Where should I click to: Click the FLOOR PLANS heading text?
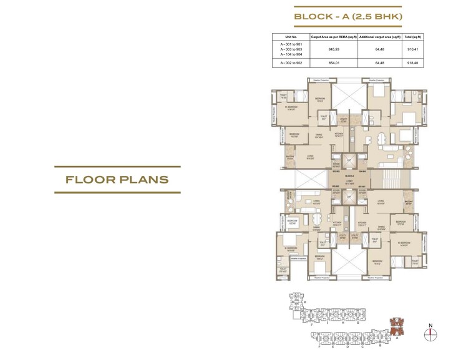117,180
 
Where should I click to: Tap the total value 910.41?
412,51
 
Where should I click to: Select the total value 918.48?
412,63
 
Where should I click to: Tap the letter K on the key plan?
305,302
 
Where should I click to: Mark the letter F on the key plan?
319,346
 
